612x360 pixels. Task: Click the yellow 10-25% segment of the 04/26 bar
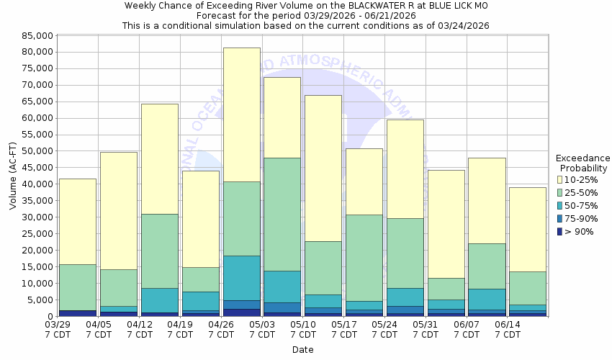click(241, 114)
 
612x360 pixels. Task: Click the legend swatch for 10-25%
click(561, 179)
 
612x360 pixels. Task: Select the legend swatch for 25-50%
click(561, 192)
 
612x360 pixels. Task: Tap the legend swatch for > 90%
click(561, 231)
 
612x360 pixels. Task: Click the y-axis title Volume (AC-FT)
click(13, 176)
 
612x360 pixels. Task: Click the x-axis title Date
click(302, 350)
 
